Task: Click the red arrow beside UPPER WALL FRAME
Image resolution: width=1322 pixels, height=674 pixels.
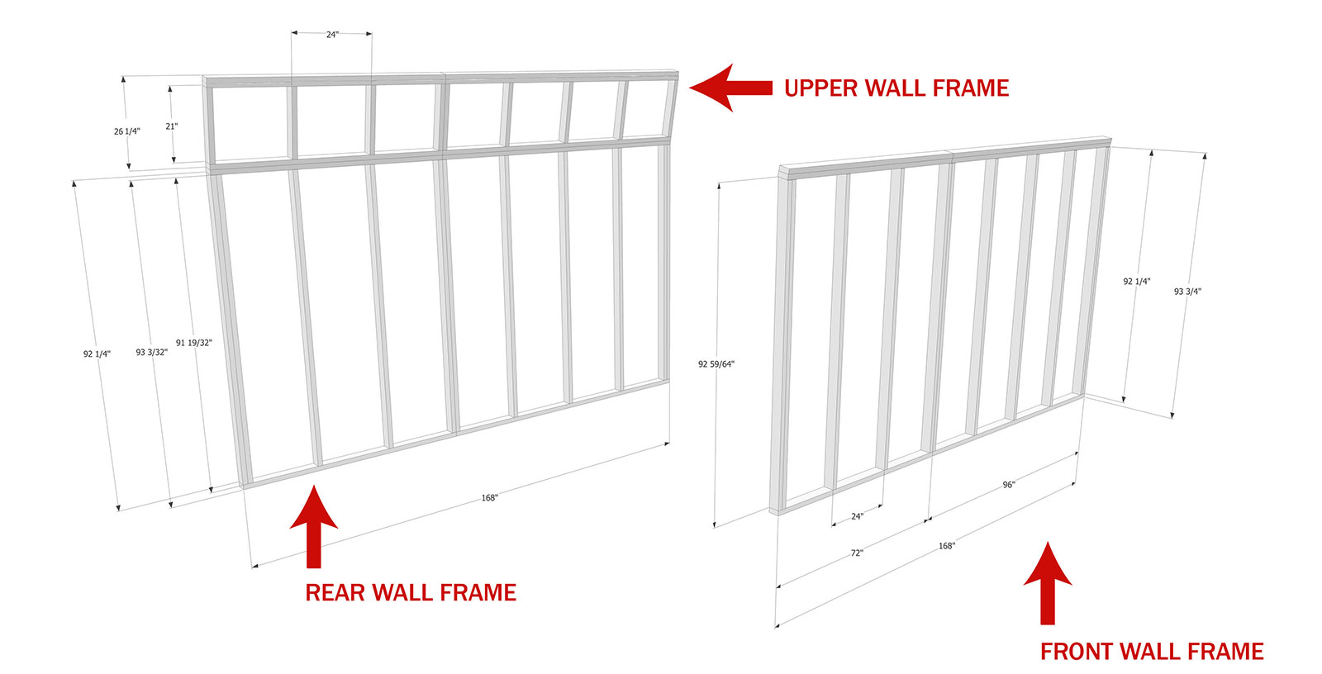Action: [x=730, y=88]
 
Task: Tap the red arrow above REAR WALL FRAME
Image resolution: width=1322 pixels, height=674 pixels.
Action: [x=314, y=526]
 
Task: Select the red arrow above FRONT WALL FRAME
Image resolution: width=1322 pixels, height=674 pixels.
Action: [x=1048, y=582]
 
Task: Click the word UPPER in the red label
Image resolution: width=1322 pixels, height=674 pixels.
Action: [x=820, y=88]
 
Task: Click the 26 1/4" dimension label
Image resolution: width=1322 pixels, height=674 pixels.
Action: [x=127, y=131]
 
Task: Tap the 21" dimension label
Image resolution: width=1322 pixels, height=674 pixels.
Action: [x=172, y=126]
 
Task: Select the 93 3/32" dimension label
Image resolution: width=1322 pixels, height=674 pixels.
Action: [x=152, y=353]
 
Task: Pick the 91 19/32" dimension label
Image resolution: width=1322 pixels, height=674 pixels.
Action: [x=193, y=342]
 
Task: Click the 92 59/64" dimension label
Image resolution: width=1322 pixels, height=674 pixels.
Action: [x=716, y=364]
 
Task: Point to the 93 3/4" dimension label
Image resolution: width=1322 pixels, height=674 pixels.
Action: [x=1187, y=291]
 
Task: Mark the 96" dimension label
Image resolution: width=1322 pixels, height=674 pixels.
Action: [x=1009, y=485]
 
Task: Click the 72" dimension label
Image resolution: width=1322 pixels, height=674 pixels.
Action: [x=857, y=553]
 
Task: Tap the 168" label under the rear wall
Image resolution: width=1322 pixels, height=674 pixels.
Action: [x=489, y=497]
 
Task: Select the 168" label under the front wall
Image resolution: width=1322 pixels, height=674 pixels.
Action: [x=947, y=546]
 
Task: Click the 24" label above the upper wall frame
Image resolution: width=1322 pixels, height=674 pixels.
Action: [x=332, y=35]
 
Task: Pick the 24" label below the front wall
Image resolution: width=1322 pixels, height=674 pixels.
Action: [x=857, y=516]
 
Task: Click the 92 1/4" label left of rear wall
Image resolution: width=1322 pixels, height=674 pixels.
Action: [x=97, y=354]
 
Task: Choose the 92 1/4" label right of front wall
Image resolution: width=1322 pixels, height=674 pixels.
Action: [x=1137, y=282]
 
